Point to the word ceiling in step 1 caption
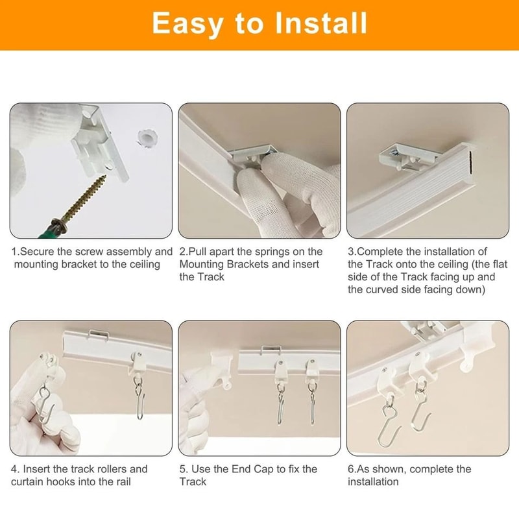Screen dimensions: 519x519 point(143,264)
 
